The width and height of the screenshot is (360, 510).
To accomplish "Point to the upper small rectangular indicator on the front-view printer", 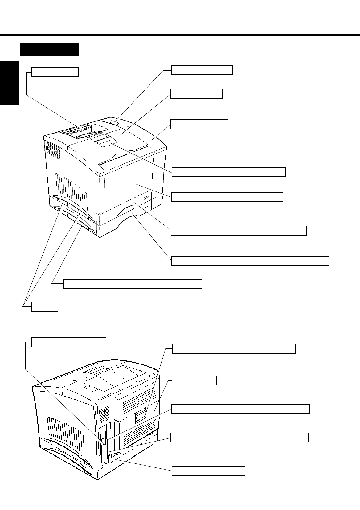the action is tap(146, 196).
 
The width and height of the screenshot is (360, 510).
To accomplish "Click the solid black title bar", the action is tap(49, 49).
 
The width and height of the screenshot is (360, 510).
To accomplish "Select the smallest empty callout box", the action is tap(45, 307).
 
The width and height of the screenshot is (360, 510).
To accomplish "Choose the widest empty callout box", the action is tap(250, 261).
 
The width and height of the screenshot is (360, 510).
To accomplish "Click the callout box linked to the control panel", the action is tap(55, 72).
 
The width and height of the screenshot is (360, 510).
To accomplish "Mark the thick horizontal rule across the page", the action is tap(180, 35).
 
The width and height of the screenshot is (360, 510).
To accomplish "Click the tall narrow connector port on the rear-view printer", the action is tap(103, 453).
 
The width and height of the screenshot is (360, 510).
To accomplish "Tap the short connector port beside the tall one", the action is tap(109, 458).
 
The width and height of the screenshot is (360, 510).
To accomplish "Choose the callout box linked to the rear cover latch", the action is tap(234, 349).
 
